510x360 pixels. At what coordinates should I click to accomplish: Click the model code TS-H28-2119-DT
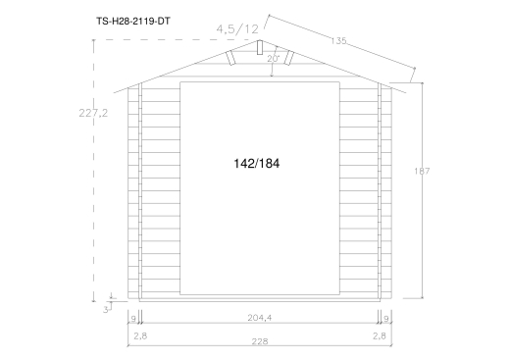click(133, 22)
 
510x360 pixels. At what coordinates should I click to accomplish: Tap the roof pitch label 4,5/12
click(237, 29)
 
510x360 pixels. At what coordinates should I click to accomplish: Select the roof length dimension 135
click(338, 41)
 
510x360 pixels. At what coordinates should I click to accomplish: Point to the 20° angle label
click(274, 59)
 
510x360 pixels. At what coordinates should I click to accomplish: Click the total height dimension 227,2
click(93, 113)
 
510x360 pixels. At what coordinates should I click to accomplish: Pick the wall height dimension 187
click(422, 171)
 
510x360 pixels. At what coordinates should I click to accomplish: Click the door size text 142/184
click(257, 164)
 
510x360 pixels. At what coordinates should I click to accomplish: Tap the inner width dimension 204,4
click(260, 318)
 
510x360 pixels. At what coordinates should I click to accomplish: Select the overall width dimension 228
click(260, 341)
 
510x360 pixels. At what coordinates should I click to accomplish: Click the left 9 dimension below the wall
click(133, 318)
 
